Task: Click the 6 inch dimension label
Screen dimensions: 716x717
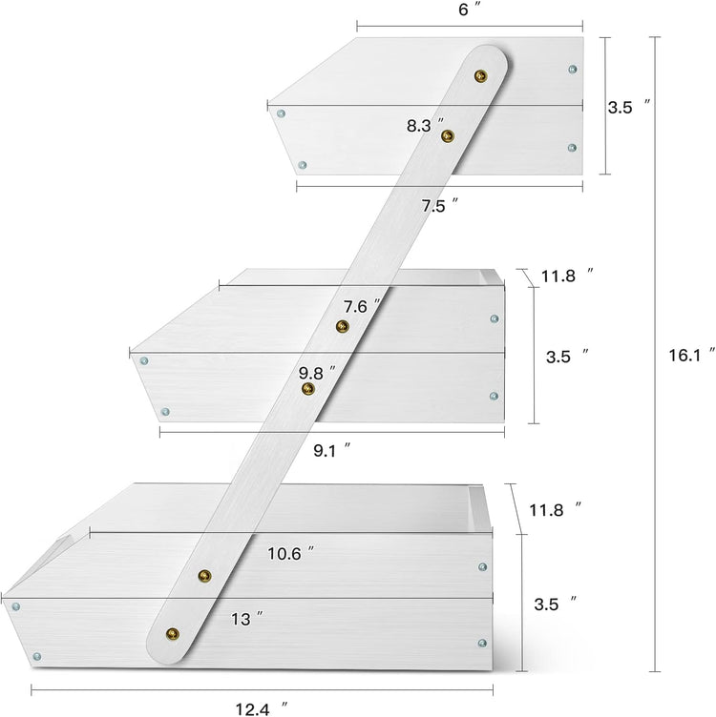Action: [470, 10]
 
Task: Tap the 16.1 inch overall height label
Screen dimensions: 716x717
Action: [691, 355]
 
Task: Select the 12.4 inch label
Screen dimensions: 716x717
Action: [262, 708]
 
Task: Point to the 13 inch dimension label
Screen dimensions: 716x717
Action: [246, 619]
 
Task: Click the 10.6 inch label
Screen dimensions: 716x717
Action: [291, 553]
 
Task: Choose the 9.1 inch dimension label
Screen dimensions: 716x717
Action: [332, 450]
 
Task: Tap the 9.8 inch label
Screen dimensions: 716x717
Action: [317, 373]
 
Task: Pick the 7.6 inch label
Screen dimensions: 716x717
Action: [362, 306]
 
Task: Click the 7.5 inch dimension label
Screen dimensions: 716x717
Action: [440, 205]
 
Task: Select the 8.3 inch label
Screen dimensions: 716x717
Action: [425, 125]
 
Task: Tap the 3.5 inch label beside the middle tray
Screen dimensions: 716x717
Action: [567, 357]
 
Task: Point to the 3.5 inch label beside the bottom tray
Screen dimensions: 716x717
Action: [556, 604]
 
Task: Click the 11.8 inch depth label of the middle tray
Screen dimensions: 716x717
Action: [568, 276]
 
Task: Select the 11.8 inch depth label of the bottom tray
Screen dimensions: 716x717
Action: [556, 509]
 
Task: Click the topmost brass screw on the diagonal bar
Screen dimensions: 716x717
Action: [481, 76]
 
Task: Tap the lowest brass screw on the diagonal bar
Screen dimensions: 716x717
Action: [173, 634]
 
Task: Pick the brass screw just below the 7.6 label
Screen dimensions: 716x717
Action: [343, 326]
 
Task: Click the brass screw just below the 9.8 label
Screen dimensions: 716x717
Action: [308, 389]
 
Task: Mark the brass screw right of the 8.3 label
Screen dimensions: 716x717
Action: [448, 135]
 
